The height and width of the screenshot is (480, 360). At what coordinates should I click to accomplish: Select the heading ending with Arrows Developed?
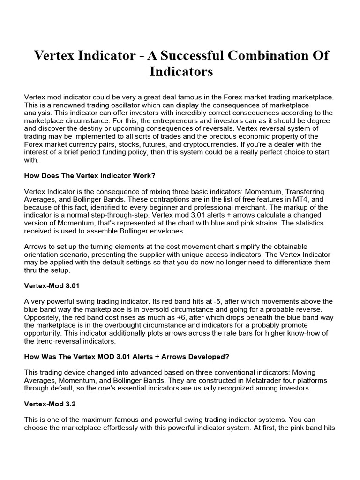click(127, 357)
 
